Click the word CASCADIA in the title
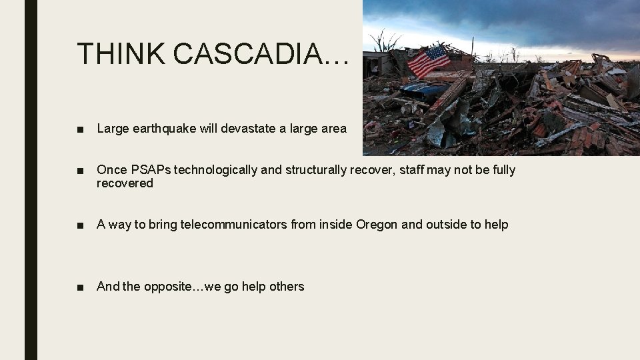click(x=260, y=53)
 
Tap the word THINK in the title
click(x=121, y=53)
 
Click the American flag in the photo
click(x=429, y=61)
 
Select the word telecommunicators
click(x=234, y=225)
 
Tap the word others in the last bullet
click(x=286, y=287)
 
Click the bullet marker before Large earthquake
click(x=80, y=129)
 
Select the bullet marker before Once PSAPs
click(x=80, y=171)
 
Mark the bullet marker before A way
click(x=80, y=225)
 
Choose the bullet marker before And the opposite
click(x=80, y=287)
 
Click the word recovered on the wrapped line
click(x=125, y=183)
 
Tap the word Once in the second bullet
click(x=111, y=170)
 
